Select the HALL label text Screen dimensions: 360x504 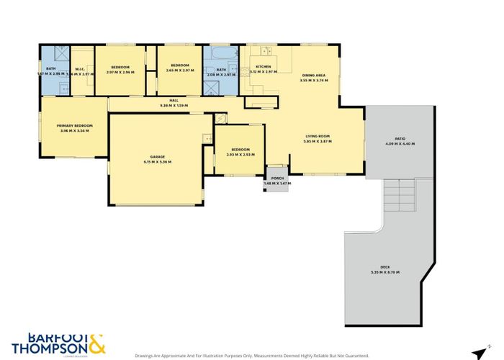[x=174, y=100]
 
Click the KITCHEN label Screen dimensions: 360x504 [x=263, y=66]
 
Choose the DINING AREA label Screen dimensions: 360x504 [x=314, y=75]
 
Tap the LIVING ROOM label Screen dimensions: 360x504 [x=318, y=136]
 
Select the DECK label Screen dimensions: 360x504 [x=384, y=266]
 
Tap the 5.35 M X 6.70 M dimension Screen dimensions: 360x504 [x=384, y=272]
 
